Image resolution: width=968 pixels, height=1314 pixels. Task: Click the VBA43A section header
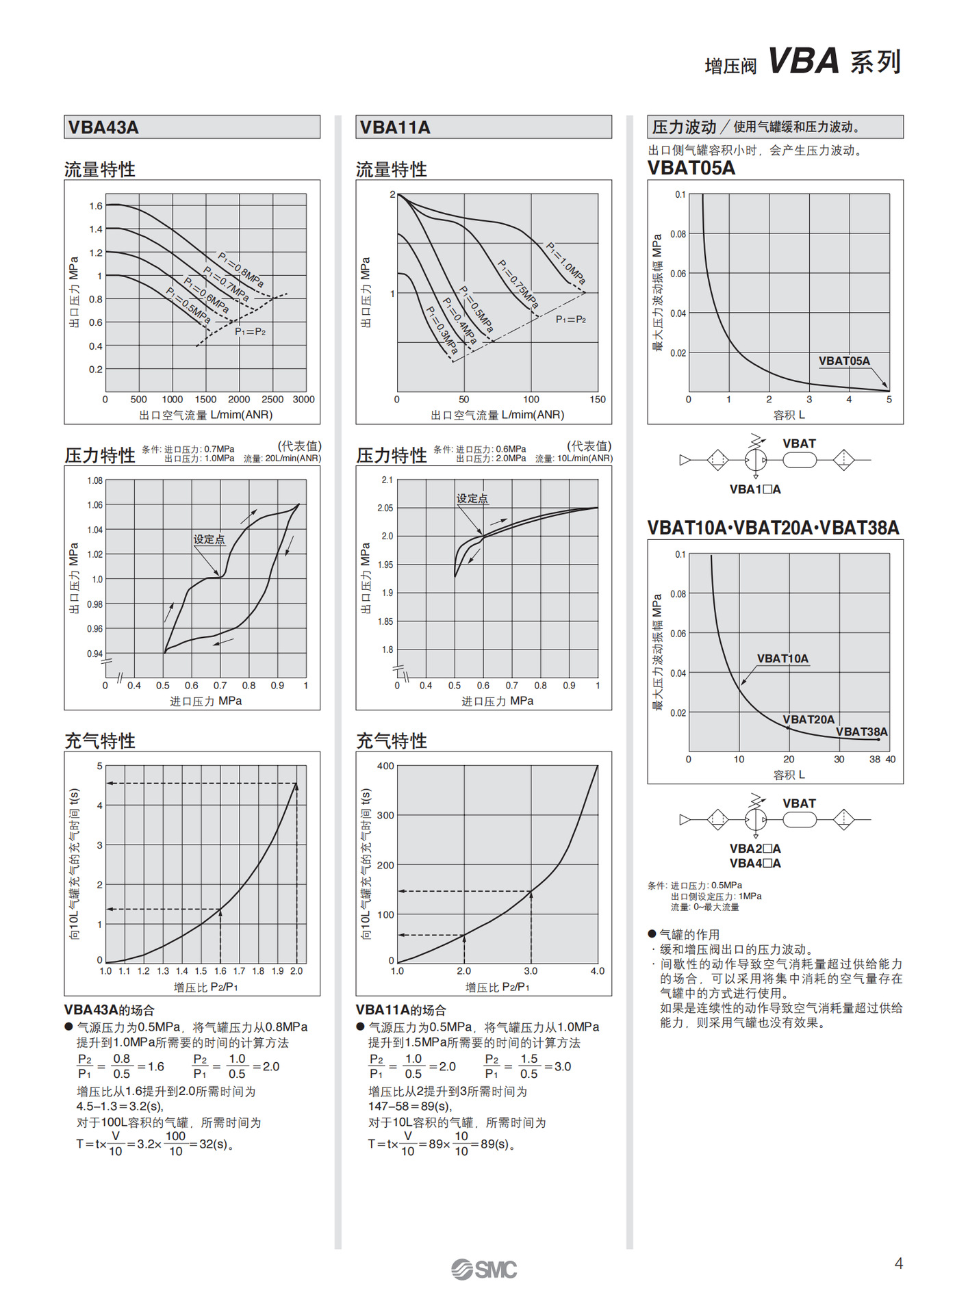[x=104, y=127]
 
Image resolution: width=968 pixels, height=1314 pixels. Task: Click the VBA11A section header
[x=395, y=127]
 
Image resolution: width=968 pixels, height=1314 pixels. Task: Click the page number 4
[x=898, y=1263]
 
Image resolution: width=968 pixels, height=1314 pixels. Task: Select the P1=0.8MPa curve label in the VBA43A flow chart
[x=241, y=270]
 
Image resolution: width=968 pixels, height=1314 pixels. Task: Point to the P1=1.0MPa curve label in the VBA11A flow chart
[x=566, y=263]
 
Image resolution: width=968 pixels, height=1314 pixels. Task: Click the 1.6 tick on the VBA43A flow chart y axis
[x=96, y=206]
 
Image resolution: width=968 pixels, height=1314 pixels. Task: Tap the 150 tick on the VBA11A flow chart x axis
[x=597, y=400]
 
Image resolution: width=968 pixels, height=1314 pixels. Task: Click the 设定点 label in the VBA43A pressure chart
[x=209, y=539]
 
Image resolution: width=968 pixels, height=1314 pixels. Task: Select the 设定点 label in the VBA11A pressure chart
[x=472, y=498]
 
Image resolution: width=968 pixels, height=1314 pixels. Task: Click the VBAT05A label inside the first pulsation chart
[x=844, y=361]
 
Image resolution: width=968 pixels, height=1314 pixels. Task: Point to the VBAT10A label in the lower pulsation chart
[x=782, y=658]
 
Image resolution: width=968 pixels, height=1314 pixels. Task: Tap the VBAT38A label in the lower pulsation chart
[x=861, y=732]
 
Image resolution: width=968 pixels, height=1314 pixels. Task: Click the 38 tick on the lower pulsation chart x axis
[x=874, y=759]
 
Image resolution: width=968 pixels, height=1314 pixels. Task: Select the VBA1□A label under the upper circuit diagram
[x=754, y=489]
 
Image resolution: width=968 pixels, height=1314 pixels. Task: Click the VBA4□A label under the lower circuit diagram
[x=754, y=863]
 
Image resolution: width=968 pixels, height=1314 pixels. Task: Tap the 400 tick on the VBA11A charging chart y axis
[x=385, y=766]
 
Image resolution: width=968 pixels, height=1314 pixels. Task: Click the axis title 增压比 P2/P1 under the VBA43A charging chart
[x=205, y=987]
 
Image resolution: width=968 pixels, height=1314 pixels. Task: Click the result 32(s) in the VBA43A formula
[x=214, y=1144]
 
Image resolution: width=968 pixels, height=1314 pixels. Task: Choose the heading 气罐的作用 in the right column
[x=689, y=934]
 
